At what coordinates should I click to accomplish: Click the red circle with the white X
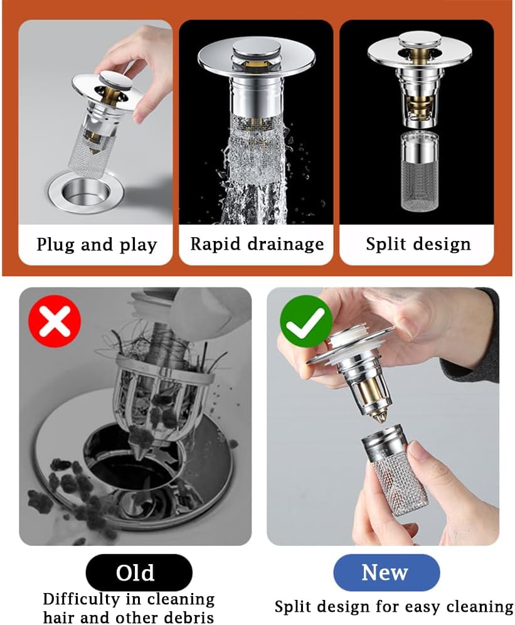tap(55, 321)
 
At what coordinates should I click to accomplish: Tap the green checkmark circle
tap(305, 321)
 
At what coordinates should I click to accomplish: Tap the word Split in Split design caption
tap(385, 244)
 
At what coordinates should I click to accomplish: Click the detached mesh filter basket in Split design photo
tap(419, 172)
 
